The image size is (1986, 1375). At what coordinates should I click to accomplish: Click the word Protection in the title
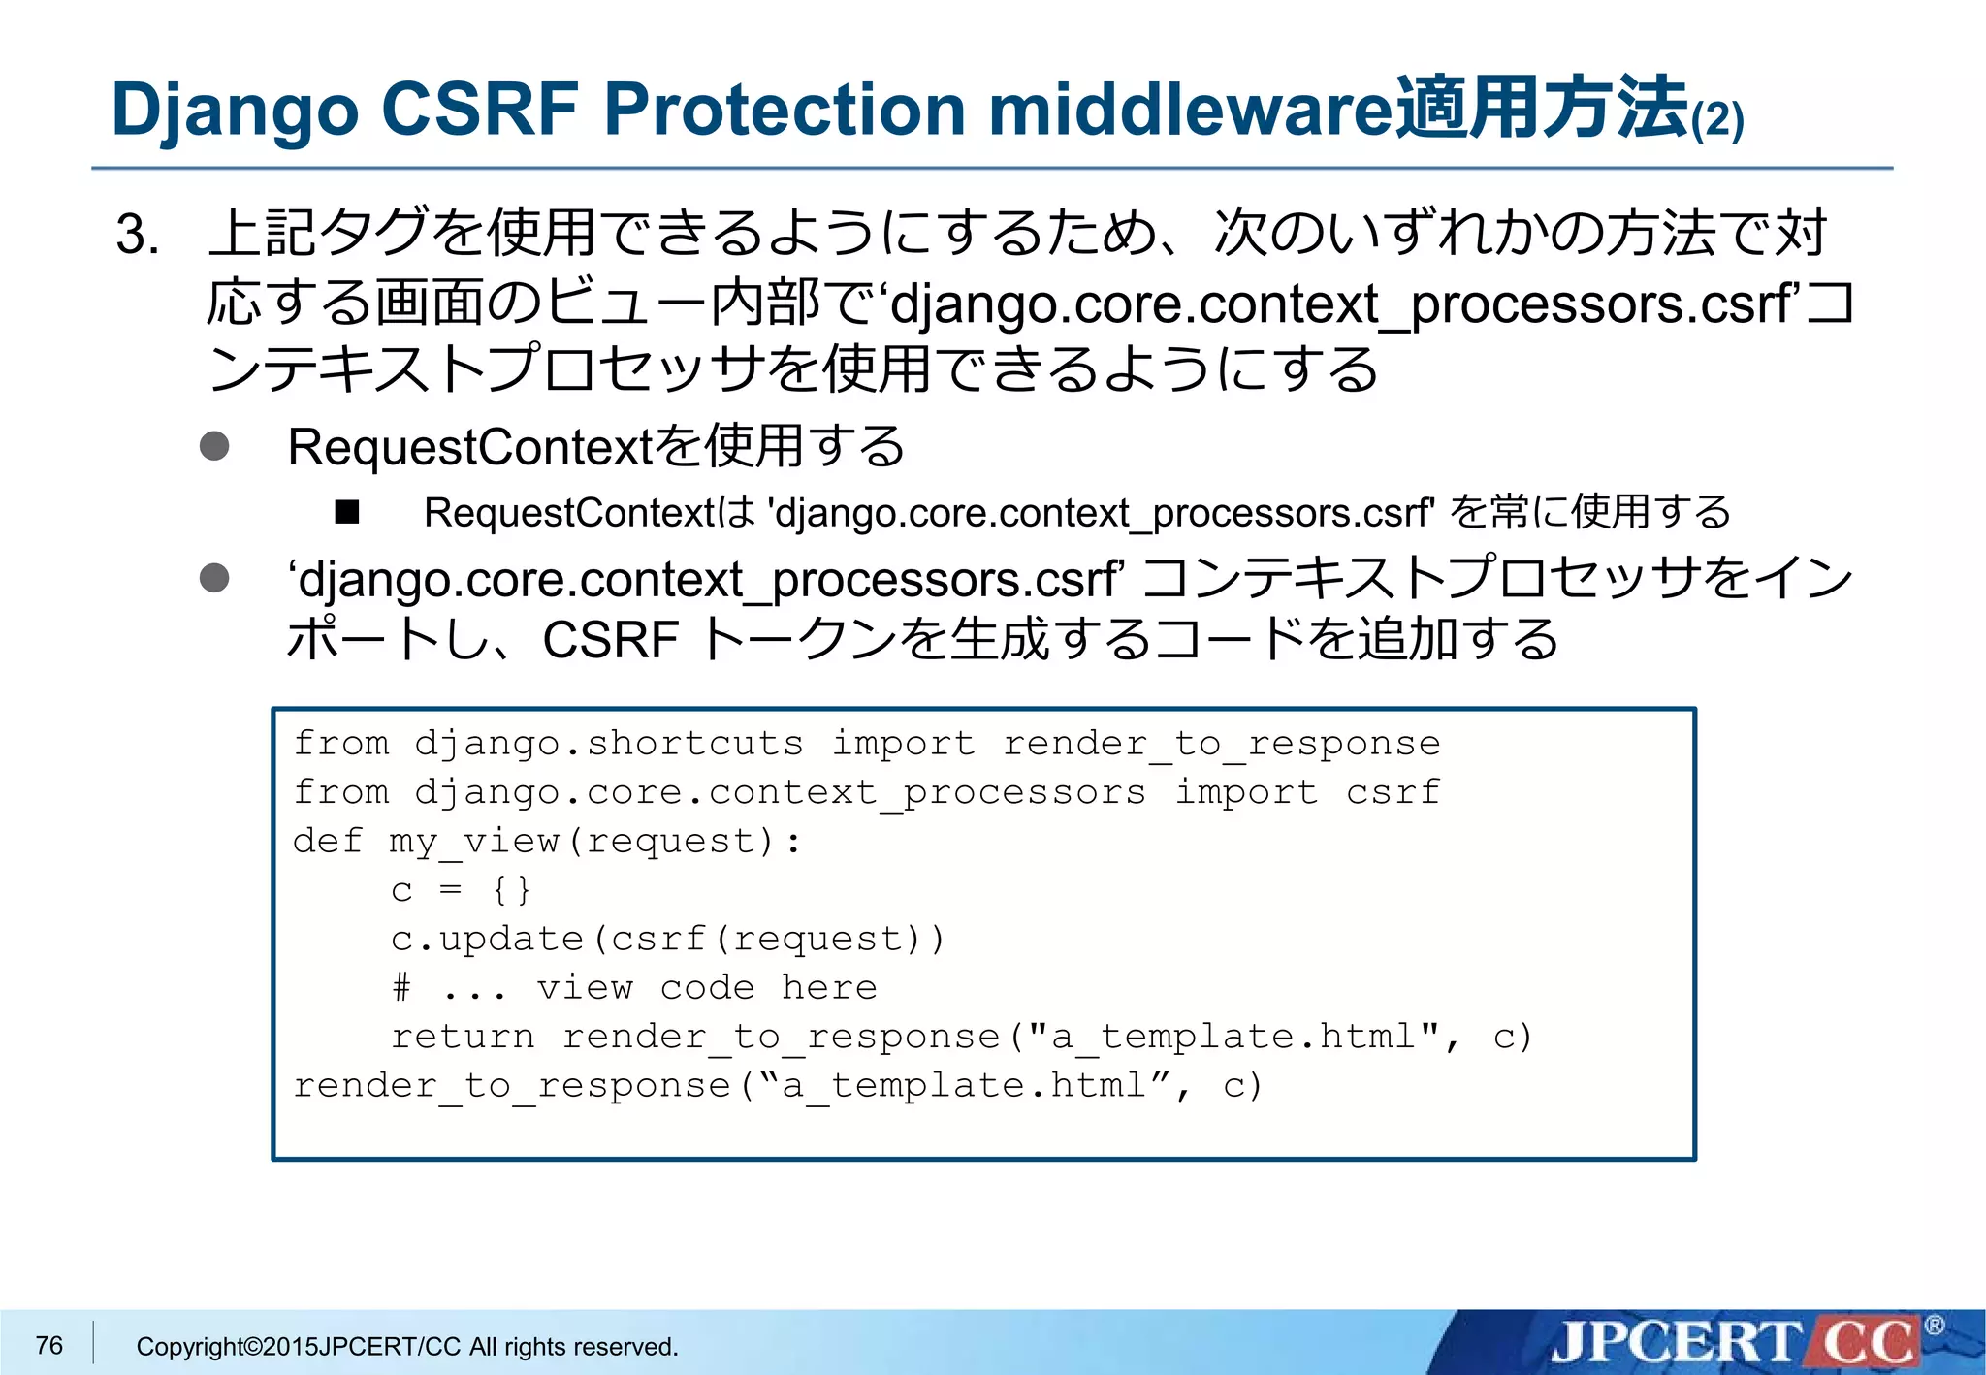point(785,109)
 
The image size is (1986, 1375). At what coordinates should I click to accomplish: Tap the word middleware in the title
point(1191,109)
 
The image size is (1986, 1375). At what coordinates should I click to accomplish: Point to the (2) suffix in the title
point(1717,121)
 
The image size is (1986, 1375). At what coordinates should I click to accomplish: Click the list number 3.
point(137,235)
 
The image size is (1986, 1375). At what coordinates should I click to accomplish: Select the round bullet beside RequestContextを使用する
point(214,446)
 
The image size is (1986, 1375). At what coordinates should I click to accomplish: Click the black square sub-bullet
point(347,511)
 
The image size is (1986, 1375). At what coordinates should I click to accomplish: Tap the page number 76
point(48,1345)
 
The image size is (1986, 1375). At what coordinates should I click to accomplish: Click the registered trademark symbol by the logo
point(1934,1325)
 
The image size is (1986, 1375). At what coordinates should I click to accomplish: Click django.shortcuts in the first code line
point(608,744)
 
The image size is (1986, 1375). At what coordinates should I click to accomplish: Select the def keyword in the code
point(328,841)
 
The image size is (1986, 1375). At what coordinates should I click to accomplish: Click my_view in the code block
point(473,841)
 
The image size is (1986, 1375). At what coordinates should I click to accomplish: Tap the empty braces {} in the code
point(511,889)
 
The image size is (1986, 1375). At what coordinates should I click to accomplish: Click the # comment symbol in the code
point(401,987)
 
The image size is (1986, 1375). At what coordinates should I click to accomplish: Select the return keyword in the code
point(463,1037)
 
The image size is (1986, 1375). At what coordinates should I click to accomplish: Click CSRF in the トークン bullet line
point(610,640)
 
